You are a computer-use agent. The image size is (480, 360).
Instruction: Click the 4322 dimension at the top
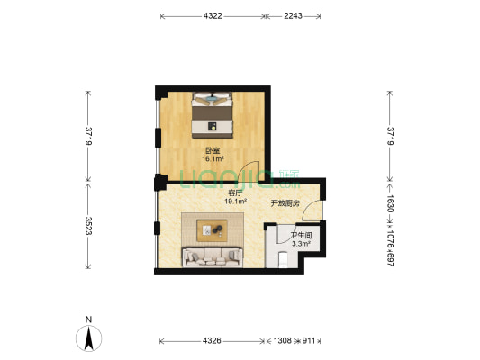point(213,16)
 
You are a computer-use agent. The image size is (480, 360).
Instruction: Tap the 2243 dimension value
point(293,16)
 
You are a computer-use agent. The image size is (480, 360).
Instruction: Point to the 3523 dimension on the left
point(88,226)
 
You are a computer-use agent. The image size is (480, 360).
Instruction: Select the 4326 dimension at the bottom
point(212,340)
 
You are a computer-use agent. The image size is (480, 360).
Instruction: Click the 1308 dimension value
point(282,340)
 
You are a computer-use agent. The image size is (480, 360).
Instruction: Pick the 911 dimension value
point(309,340)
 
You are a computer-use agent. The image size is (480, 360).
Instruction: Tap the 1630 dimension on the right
point(391,204)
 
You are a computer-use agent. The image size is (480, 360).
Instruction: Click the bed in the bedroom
point(213,115)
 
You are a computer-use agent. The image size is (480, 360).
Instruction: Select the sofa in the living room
point(213,257)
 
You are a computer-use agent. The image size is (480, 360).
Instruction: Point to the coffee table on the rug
point(212,230)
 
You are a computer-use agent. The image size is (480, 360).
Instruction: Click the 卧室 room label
point(213,151)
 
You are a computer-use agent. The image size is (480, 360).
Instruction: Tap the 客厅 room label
point(235,193)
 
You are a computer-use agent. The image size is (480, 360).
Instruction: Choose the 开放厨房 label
point(285,203)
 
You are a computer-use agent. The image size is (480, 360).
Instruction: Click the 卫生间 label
point(301,236)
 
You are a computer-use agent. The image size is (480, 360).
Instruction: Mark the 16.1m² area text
point(213,158)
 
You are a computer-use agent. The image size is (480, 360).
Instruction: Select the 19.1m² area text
point(236,202)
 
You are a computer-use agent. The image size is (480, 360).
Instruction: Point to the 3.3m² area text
point(302,244)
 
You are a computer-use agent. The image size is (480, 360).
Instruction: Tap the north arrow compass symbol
point(89,338)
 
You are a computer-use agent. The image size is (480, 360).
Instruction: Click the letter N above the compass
point(88,319)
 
